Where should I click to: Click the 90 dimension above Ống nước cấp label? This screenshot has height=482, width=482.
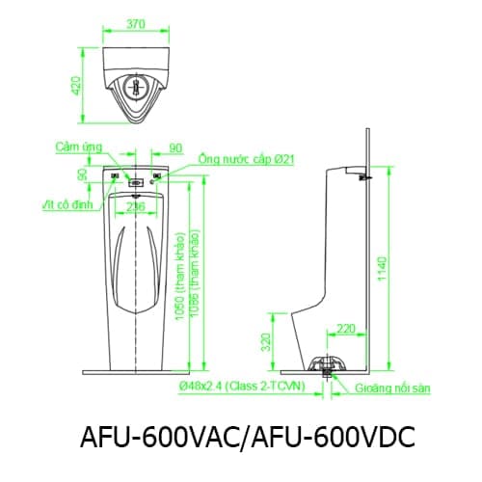[174, 147]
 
